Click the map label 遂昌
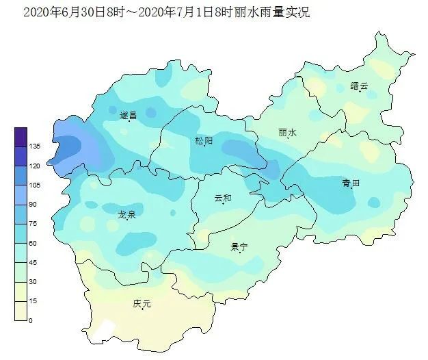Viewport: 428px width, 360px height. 128,115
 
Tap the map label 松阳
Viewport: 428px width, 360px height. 204,141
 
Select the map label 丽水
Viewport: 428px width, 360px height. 288,133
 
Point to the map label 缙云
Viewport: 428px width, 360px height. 359,86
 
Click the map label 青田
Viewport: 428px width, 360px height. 351,183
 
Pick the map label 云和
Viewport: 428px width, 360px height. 223,198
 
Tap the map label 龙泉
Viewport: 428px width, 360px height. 126,214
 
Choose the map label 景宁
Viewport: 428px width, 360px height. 239,246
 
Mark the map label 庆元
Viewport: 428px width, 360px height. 142,303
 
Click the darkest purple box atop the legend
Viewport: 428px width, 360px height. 21,137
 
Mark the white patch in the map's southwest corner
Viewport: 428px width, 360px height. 103,329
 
